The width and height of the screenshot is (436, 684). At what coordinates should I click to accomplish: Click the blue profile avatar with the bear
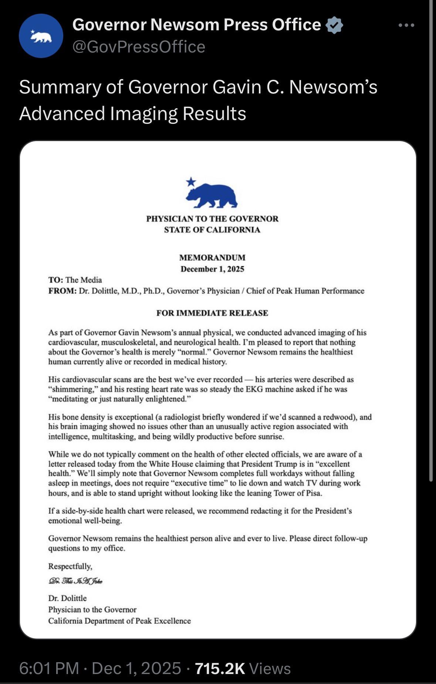(41, 36)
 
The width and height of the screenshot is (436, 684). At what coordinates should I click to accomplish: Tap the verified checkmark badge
(334, 25)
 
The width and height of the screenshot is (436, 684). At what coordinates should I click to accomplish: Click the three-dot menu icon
(406, 25)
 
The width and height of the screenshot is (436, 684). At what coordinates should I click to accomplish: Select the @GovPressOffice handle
(139, 47)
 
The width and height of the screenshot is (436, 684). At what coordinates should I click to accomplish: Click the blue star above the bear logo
(191, 181)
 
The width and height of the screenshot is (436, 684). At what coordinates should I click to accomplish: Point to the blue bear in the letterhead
(212, 196)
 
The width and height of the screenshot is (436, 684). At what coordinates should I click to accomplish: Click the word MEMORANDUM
(212, 257)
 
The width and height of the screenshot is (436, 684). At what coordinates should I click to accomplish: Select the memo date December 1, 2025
(212, 269)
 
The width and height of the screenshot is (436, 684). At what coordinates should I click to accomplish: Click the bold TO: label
(56, 280)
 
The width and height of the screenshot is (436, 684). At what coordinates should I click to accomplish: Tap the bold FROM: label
(62, 291)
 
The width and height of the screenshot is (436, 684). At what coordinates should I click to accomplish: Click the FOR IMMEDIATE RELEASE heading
(212, 313)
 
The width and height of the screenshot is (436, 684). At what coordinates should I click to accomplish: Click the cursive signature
(75, 581)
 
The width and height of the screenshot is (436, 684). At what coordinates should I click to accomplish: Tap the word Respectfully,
(70, 566)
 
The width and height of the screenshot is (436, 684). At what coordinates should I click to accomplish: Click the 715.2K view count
(220, 668)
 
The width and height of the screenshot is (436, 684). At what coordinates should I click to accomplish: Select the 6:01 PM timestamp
(49, 668)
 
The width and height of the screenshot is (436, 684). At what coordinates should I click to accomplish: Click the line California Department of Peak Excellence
(119, 621)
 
